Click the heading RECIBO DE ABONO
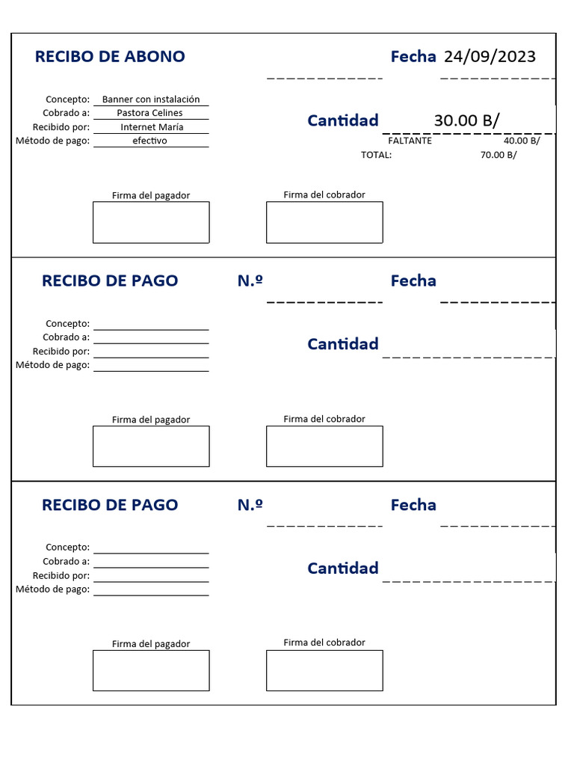point(110,57)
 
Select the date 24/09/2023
point(490,57)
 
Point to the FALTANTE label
point(410,141)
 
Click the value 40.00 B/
point(522,141)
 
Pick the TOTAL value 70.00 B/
point(499,155)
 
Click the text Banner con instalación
point(151,99)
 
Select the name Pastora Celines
point(150,113)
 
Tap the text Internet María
point(152,127)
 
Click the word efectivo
point(149,141)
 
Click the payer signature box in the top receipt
point(151,222)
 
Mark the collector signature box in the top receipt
point(324,222)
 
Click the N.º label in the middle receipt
point(250,281)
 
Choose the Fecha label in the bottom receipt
point(413,505)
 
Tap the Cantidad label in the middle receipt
point(343,344)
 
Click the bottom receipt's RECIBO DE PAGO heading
point(110,505)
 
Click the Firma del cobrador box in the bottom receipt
point(324,670)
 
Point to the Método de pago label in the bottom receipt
point(53,589)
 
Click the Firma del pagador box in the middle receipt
point(151,447)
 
